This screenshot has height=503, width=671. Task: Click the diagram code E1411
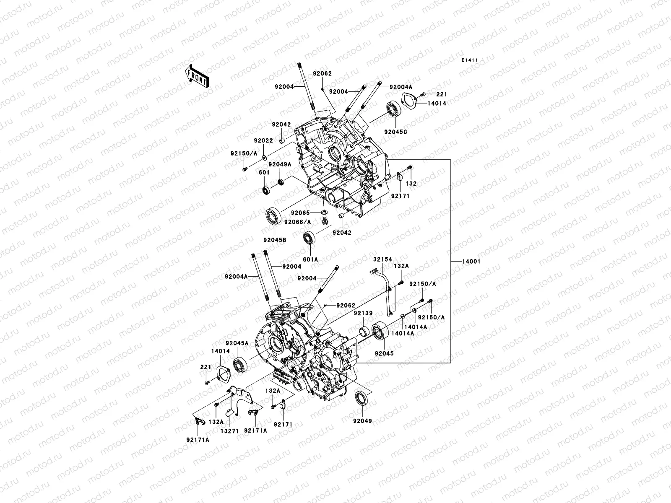470,61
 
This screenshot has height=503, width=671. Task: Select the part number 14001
471,262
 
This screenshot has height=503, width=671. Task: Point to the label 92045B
275,240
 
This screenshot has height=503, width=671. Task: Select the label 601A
310,259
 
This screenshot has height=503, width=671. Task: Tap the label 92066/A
298,222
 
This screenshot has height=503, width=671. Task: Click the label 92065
300,213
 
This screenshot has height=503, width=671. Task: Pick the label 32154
383,260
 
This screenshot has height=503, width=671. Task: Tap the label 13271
229,430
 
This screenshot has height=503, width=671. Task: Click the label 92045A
237,343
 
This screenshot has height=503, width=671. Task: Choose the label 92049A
280,165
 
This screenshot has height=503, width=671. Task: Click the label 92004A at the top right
401,87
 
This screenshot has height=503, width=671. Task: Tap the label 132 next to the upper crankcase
411,184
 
